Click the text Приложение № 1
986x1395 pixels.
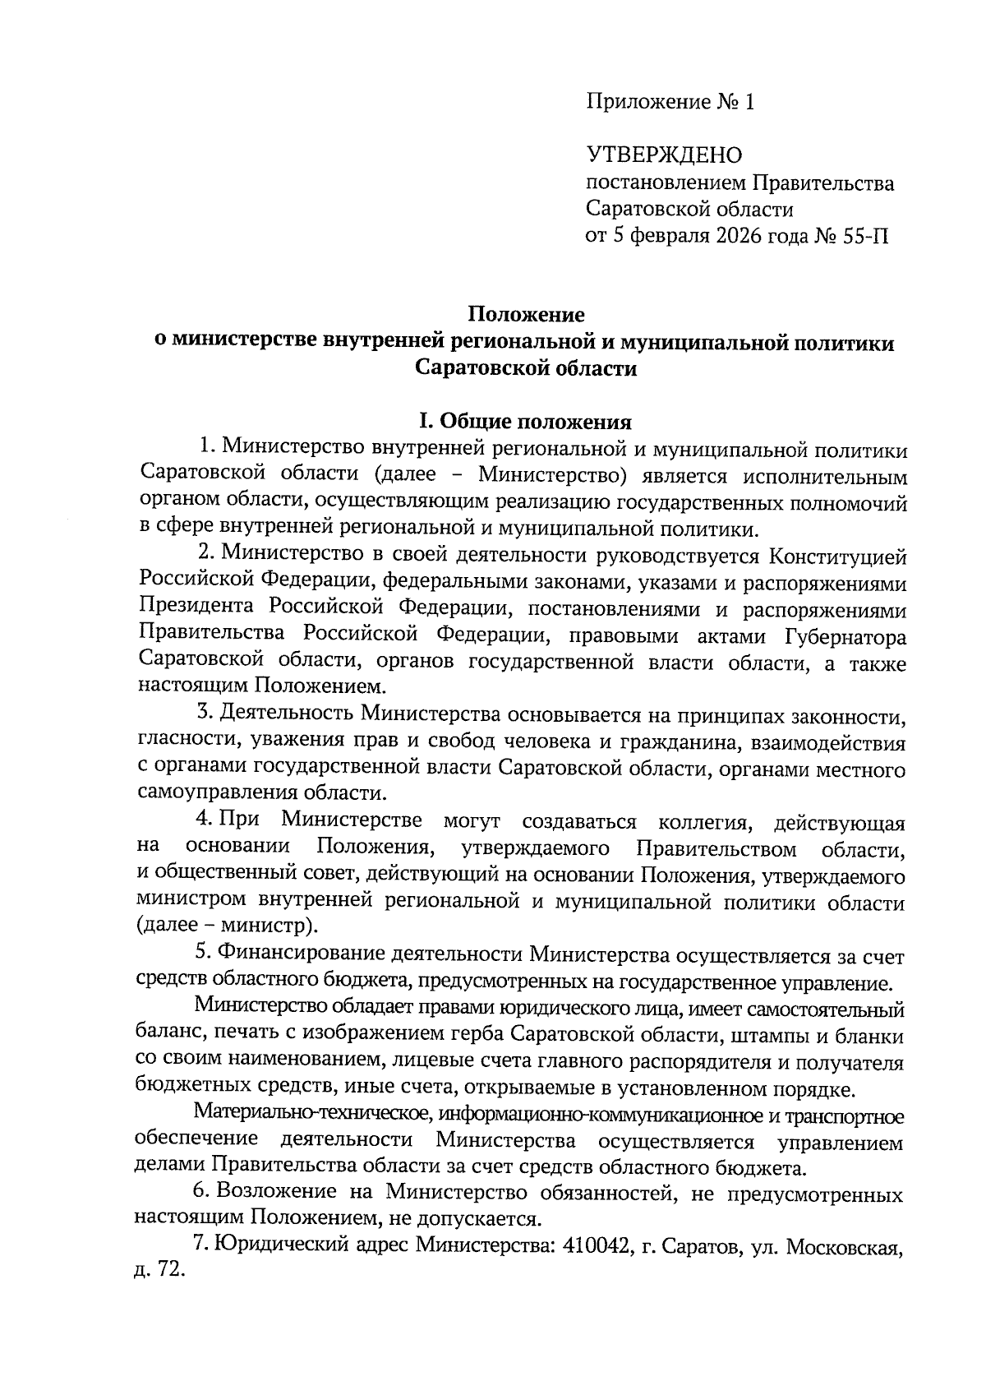(x=669, y=102)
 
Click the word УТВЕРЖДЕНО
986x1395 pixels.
(x=664, y=155)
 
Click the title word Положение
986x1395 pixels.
(x=526, y=314)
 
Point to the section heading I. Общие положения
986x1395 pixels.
(x=526, y=422)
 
